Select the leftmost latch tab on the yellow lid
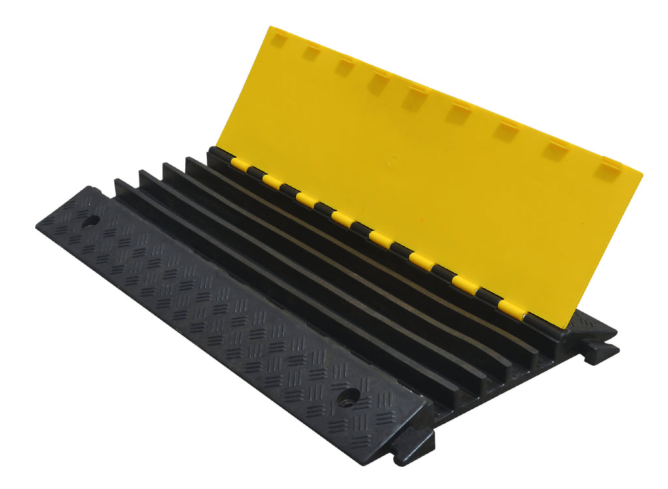[279, 40]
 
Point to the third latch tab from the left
[344, 67]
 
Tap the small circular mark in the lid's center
[393, 158]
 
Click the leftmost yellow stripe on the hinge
[239, 165]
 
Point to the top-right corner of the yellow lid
[642, 173]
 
